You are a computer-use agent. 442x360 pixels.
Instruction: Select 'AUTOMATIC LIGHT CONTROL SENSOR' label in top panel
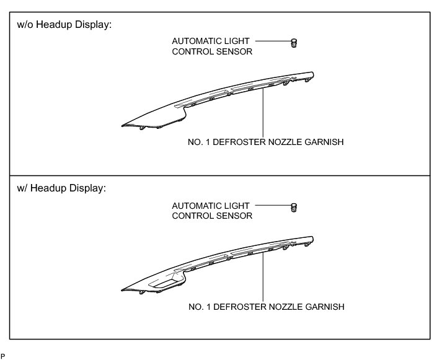point(211,46)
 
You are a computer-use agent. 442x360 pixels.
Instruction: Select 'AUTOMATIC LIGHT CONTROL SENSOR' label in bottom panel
point(211,211)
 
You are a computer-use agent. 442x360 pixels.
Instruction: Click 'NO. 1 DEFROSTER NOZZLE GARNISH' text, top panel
point(265,142)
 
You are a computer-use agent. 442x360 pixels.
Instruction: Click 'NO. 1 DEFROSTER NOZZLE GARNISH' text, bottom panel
point(265,306)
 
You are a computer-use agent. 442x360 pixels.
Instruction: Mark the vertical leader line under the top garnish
point(264,112)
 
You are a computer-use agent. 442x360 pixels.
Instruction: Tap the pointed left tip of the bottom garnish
point(123,289)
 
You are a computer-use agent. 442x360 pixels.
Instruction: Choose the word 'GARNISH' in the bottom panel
point(325,306)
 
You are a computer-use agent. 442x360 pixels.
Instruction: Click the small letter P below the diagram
point(2,356)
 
